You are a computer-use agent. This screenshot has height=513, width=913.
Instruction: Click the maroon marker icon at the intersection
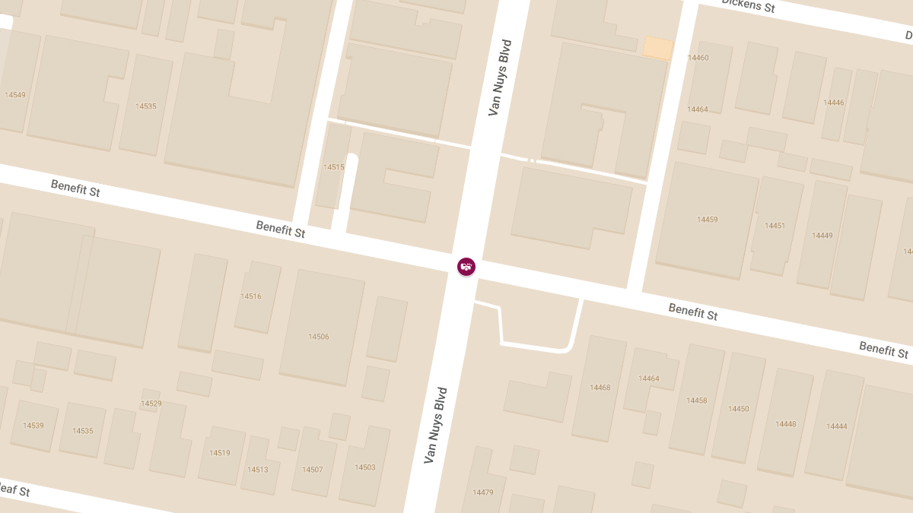466,266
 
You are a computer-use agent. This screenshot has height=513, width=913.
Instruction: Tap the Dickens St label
748,6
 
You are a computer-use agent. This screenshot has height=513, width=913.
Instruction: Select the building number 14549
14,95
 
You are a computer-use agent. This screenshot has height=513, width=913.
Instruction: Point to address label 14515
334,167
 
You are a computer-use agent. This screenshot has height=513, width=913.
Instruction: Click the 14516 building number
251,296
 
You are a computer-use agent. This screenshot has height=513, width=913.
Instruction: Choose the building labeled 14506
319,337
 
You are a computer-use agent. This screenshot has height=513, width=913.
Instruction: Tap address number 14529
151,404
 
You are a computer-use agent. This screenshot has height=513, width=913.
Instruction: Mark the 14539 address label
33,426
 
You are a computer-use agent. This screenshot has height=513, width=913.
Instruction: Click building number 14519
220,453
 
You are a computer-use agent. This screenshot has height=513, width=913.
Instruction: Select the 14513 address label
258,470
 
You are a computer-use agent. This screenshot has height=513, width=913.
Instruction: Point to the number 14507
313,470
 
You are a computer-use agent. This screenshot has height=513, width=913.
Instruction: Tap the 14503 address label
365,467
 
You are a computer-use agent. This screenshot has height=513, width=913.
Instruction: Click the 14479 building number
483,492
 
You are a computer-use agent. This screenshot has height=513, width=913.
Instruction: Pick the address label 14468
600,388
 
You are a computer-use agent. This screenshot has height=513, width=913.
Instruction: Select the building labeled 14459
708,220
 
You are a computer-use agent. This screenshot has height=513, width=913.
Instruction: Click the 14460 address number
698,58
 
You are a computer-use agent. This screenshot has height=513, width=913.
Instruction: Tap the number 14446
834,103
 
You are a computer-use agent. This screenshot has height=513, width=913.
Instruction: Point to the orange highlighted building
658,48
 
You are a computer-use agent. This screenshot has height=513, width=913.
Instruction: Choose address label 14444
837,426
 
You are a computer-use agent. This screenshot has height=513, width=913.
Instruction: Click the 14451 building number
775,226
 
